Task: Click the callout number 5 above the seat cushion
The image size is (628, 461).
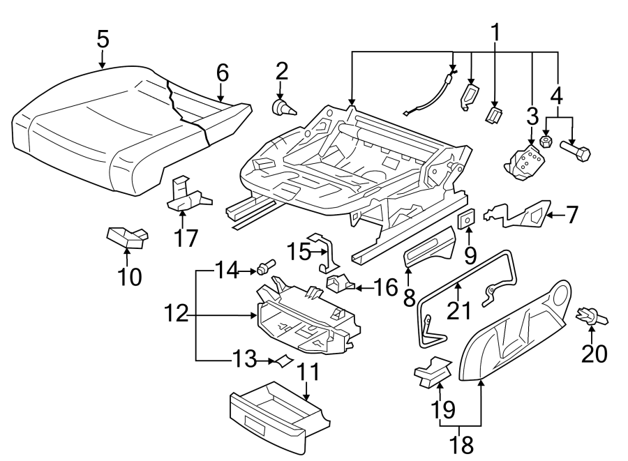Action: (x=103, y=39)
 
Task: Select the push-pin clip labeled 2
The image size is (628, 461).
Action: (x=282, y=107)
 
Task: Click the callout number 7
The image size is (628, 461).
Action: (x=571, y=215)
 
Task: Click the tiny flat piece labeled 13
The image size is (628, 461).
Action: (x=283, y=361)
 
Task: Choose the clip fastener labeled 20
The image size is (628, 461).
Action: (x=592, y=318)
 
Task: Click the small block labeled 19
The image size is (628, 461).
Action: (x=433, y=371)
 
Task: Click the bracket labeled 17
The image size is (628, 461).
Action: (x=186, y=197)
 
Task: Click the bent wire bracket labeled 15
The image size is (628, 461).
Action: (x=324, y=252)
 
